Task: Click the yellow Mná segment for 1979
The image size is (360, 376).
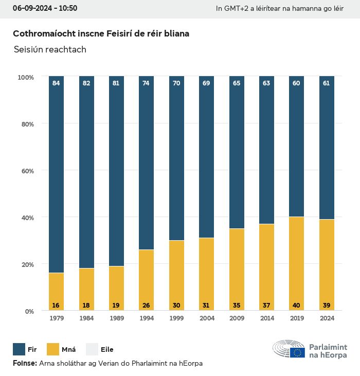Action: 56,292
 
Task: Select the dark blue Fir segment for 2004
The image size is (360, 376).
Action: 206,157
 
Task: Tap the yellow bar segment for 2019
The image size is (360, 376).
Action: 296,263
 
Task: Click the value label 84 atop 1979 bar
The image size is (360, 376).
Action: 56,83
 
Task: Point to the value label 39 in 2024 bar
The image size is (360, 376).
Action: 326,306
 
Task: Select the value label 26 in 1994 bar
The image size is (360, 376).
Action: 146,306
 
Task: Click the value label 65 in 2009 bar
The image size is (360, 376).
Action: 236,83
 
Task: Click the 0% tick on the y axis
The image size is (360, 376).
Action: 28,311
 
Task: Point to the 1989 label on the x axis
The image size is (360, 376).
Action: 116,318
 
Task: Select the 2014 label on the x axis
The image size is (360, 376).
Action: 266,318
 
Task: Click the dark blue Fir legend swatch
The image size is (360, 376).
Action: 19,349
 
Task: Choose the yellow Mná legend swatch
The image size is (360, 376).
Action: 53,349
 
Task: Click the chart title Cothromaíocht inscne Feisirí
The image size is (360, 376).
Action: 101,34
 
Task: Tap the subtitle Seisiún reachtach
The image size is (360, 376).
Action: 50,50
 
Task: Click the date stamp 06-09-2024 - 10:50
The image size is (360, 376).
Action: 45,8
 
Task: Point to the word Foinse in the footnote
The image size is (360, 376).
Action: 24,363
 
